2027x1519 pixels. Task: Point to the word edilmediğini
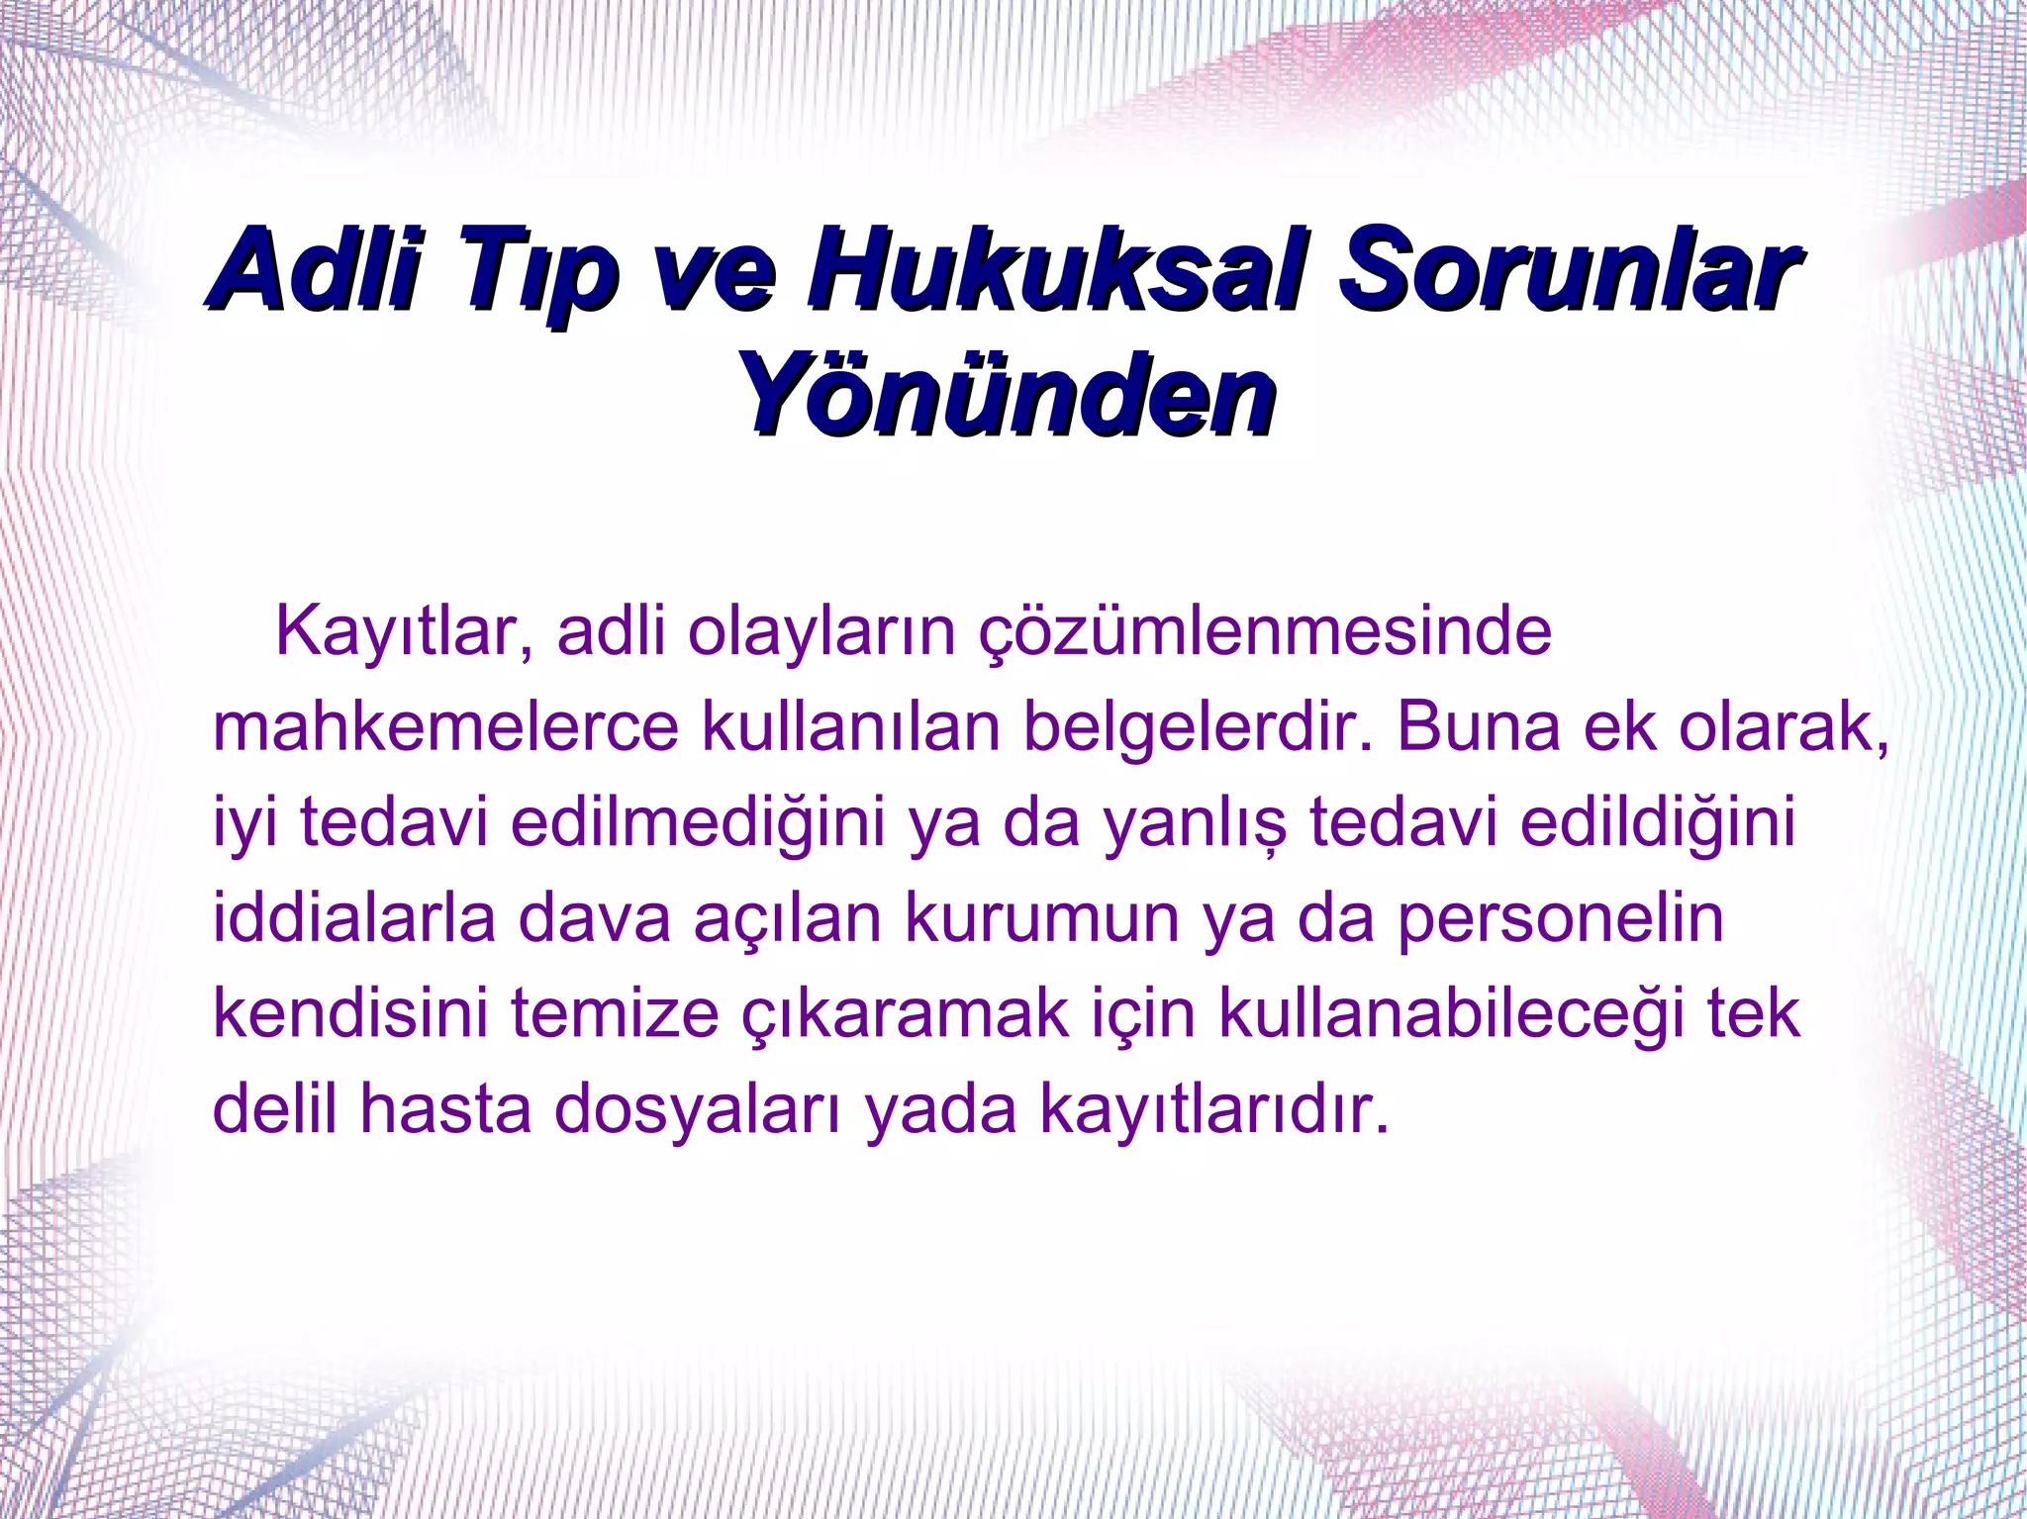[698, 822]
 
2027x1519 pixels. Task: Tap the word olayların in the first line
[821, 632]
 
